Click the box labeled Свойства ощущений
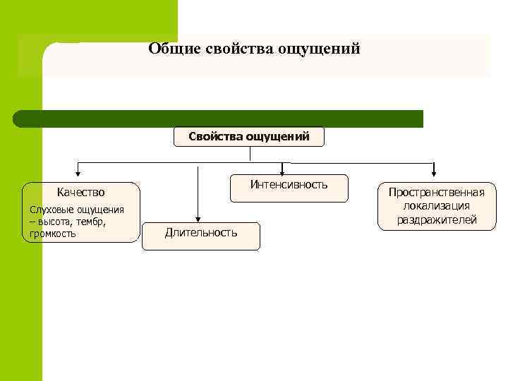point(249,136)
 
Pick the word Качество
point(80,192)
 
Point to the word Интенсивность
point(289,185)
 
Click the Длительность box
point(201,233)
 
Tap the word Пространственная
point(436,193)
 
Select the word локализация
point(436,206)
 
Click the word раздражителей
point(436,220)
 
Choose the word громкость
point(53,234)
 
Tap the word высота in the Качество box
point(54,222)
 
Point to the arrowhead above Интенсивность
point(282,171)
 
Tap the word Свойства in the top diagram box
point(215,136)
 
